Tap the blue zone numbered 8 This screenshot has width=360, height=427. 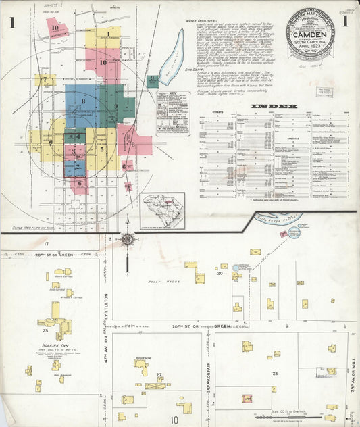[83, 102]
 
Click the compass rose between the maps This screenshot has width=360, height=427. [128, 237]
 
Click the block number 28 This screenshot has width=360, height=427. [275, 373]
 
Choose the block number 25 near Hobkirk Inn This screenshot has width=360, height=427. [45, 331]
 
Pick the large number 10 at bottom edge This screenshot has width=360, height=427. [174, 419]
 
